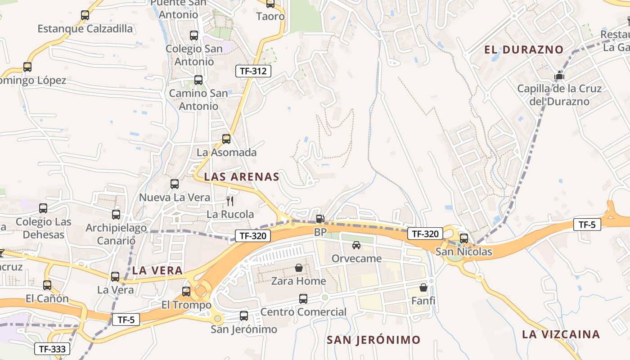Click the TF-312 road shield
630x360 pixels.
pyautogui.click(x=253, y=71)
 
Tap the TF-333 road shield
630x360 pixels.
pyautogui.click(x=53, y=349)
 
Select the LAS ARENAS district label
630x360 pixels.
pyautogui.click(x=242, y=177)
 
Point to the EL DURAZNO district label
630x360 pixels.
pyautogui.click(x=524, y=49)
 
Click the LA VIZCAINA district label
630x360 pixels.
pyautogui.click(x=561, y=334)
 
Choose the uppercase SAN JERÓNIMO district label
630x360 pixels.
pyautogui.click(x=373, y=340)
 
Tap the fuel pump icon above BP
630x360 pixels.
pyautogui.click(x=320, y=219)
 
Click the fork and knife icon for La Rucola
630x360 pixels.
pyautogui.click(x=230, y=201)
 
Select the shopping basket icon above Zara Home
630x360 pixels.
pyautogui.click(x=299, y=268)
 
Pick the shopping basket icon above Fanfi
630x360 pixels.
pyautogui.click(x=423, y=287)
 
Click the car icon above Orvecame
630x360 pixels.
pyautogui.click(x=356, y=245)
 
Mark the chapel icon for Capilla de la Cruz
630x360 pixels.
pyautogui.click(x=559, y=75)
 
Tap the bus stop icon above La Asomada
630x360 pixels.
pyautogui.click(x=226, y=139)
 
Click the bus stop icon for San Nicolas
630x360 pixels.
pyautogui.click(x=464, y=238)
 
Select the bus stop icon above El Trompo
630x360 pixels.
pyautogui.click(x=186, y=292)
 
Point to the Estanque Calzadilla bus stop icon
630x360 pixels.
pyautogui.click(x=85, y=15)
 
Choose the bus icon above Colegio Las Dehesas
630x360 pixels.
pyautogui.click(x=43, y=208)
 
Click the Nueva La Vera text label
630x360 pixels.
pyautogui.click(x=174, y=198)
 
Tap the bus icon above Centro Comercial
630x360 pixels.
pyautogui.click(x=303, y=298)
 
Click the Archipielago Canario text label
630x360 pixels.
pyautogui.click(x=116, y=234)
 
